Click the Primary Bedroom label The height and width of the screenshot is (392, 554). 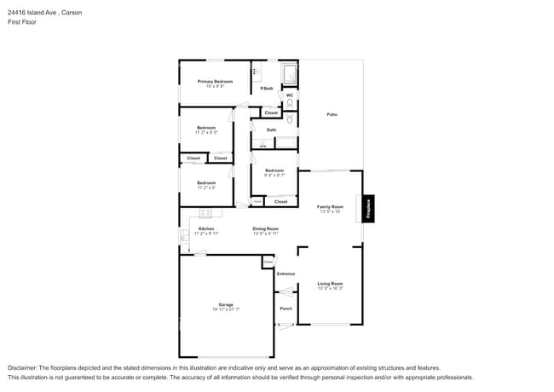point(215,81)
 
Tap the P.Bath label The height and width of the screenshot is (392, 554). point(267,89)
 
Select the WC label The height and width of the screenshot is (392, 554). point(290,95)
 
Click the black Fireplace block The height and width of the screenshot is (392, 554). point(369,207)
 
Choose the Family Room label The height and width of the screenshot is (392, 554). point(330,206)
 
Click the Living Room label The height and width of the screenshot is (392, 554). point(330,284)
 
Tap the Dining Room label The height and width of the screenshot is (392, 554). point(265,228)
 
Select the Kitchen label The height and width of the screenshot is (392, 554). point(206,228)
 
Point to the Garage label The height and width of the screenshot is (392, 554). point(226,304)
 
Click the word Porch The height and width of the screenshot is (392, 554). point(286,308)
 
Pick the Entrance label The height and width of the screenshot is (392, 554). point(286,274)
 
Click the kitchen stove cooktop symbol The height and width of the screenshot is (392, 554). point(205,213)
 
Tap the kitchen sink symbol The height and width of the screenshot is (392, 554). point(184,236)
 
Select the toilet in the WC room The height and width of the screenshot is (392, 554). point(290,104)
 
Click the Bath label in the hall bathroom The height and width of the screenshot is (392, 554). point(271,130)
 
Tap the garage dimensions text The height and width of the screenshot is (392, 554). point(226,309)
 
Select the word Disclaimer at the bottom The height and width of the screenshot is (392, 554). point(23,366)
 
